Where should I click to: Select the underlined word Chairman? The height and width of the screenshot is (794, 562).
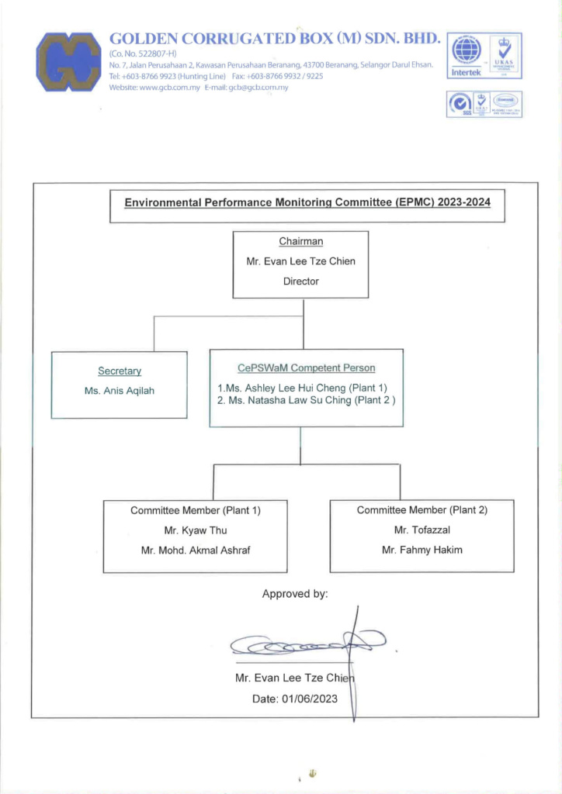(x=301, y=242)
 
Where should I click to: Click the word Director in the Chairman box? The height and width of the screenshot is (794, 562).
(x=301, y=281)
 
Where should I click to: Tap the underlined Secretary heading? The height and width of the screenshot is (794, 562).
(x=120, y=372)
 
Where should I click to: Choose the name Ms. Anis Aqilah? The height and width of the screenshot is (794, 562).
(x=120, y=391)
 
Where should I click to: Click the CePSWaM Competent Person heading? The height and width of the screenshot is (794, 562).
(x=306, y=368)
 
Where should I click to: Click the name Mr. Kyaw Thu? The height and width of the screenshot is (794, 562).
(x=196, y=530)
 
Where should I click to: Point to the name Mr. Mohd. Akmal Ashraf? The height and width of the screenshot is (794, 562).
(x=196, y=550)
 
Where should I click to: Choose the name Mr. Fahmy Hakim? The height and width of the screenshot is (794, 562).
(x=422, y=549)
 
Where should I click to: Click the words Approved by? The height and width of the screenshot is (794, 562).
(x=295, y=594)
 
